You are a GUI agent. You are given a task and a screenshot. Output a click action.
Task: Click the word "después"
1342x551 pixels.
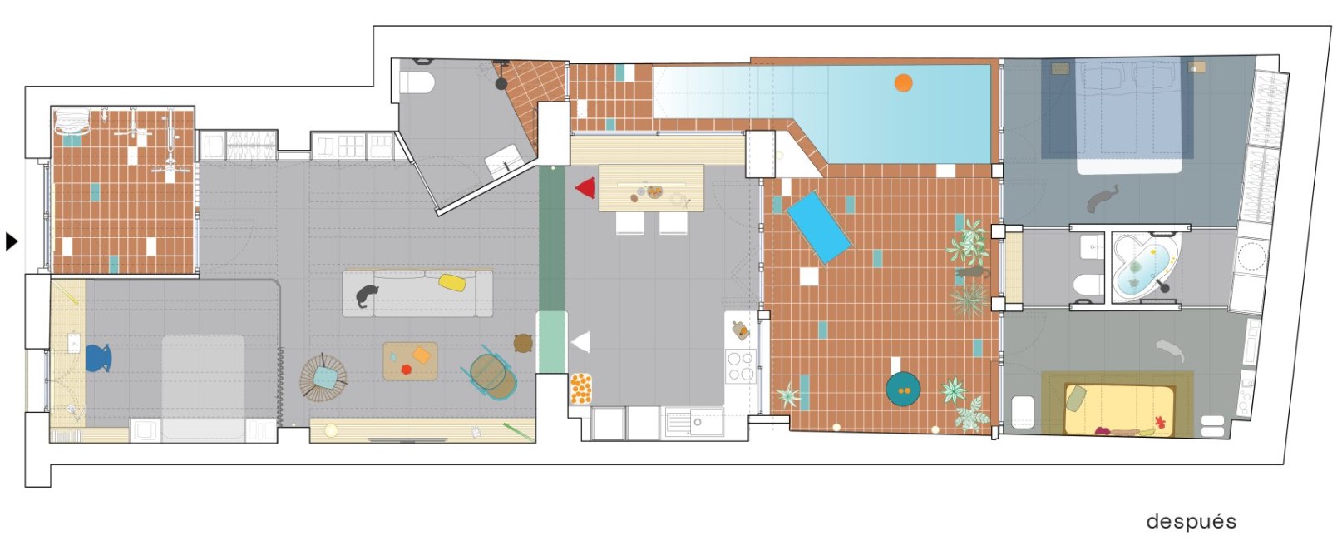[x=1191, y=522]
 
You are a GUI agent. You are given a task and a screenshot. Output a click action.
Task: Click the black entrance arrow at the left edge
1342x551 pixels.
[x=12, y=241]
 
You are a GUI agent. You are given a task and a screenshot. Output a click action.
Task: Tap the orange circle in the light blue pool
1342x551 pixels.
[x=904, y=82]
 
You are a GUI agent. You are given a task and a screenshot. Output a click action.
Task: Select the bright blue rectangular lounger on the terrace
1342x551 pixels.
[x=819, y=227]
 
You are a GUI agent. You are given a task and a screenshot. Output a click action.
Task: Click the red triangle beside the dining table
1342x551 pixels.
[x=586, y=188]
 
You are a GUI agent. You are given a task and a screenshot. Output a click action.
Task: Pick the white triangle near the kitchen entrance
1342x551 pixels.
[x=581, y=342]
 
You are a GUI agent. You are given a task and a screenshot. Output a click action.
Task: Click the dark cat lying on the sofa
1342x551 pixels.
[x=367, y=295]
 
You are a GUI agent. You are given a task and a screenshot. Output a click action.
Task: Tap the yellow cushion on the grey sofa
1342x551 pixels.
[x=453, y=282]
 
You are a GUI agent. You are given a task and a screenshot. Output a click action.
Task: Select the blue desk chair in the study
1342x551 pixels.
[x=99, y=358]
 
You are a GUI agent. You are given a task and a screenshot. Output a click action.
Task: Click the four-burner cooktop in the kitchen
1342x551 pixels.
[x=741, y=365]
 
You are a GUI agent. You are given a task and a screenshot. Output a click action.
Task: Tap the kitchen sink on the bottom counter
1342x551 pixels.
[x=693, y=424]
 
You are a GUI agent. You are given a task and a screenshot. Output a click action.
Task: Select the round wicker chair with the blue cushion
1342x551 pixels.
[x=323, y=378]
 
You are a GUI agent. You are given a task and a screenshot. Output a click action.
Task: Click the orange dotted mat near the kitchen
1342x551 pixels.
[x=580, y=390]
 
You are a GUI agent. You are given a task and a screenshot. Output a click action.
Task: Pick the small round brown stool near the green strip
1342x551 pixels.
[x=524, y=343]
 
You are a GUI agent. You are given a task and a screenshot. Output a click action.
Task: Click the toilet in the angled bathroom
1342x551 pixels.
[x=417, y=82]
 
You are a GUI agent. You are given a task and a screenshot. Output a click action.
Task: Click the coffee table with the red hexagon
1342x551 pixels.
[x=411, y=361]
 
